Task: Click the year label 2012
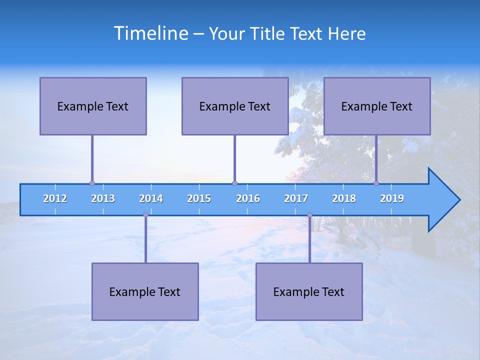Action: tap(55, 198)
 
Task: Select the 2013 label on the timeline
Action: tap(103, 198)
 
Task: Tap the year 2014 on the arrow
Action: tap(151, 198)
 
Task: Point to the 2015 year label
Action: tap(199, 198)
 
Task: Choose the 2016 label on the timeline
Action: tap(248, 198)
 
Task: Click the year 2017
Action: tap(296, 198)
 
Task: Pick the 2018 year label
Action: tap(344, 198)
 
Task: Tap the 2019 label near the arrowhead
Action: tap(392, 198)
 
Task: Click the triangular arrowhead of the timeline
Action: tap(442, 200)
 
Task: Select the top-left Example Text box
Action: tap(93, 106)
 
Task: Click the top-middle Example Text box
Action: tap(235, 106)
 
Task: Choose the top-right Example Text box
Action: tap(377, 106)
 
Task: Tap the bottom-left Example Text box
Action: tap(145, 291)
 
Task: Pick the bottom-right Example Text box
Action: tap(309, 291)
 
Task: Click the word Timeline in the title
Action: tap(150, 33)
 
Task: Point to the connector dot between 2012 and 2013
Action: tap(92, 183)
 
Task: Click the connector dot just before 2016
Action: tap(234, 183)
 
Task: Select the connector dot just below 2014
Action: tap(145, 214)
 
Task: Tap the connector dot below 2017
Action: tap(309, 214)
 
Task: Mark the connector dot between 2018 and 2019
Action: tap(376, 183)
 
